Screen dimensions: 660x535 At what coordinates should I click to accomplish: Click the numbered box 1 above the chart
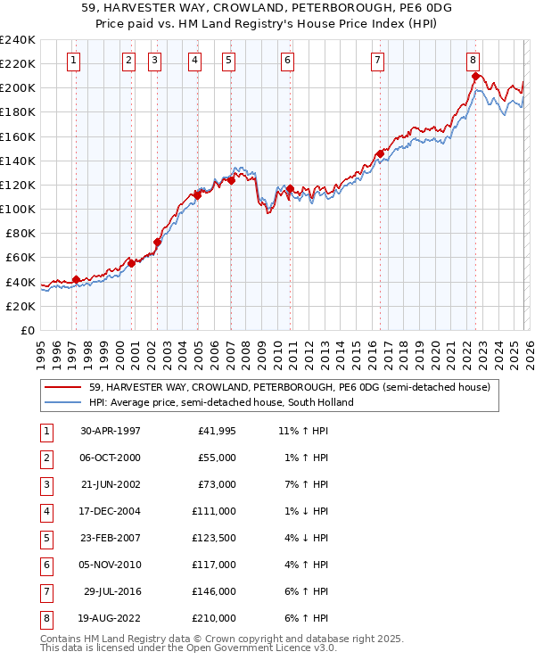[x=72, y=61]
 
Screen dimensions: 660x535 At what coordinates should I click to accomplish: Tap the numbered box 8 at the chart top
[x=473, y=61]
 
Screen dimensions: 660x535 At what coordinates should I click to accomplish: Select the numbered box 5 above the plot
[x=228, y=61]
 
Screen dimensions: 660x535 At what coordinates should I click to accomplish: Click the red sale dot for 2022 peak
[x=475, y=76]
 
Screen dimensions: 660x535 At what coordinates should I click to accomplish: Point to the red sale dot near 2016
[x=380, y=153]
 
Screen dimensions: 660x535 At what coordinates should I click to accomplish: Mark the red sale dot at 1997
[x=76, y=279]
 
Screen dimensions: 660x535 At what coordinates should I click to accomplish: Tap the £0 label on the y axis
[x=27, y=330]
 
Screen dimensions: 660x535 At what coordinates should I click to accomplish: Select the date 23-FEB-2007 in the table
[x=111, y=538]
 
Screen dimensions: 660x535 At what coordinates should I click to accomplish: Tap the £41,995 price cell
[x=214, y=431]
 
